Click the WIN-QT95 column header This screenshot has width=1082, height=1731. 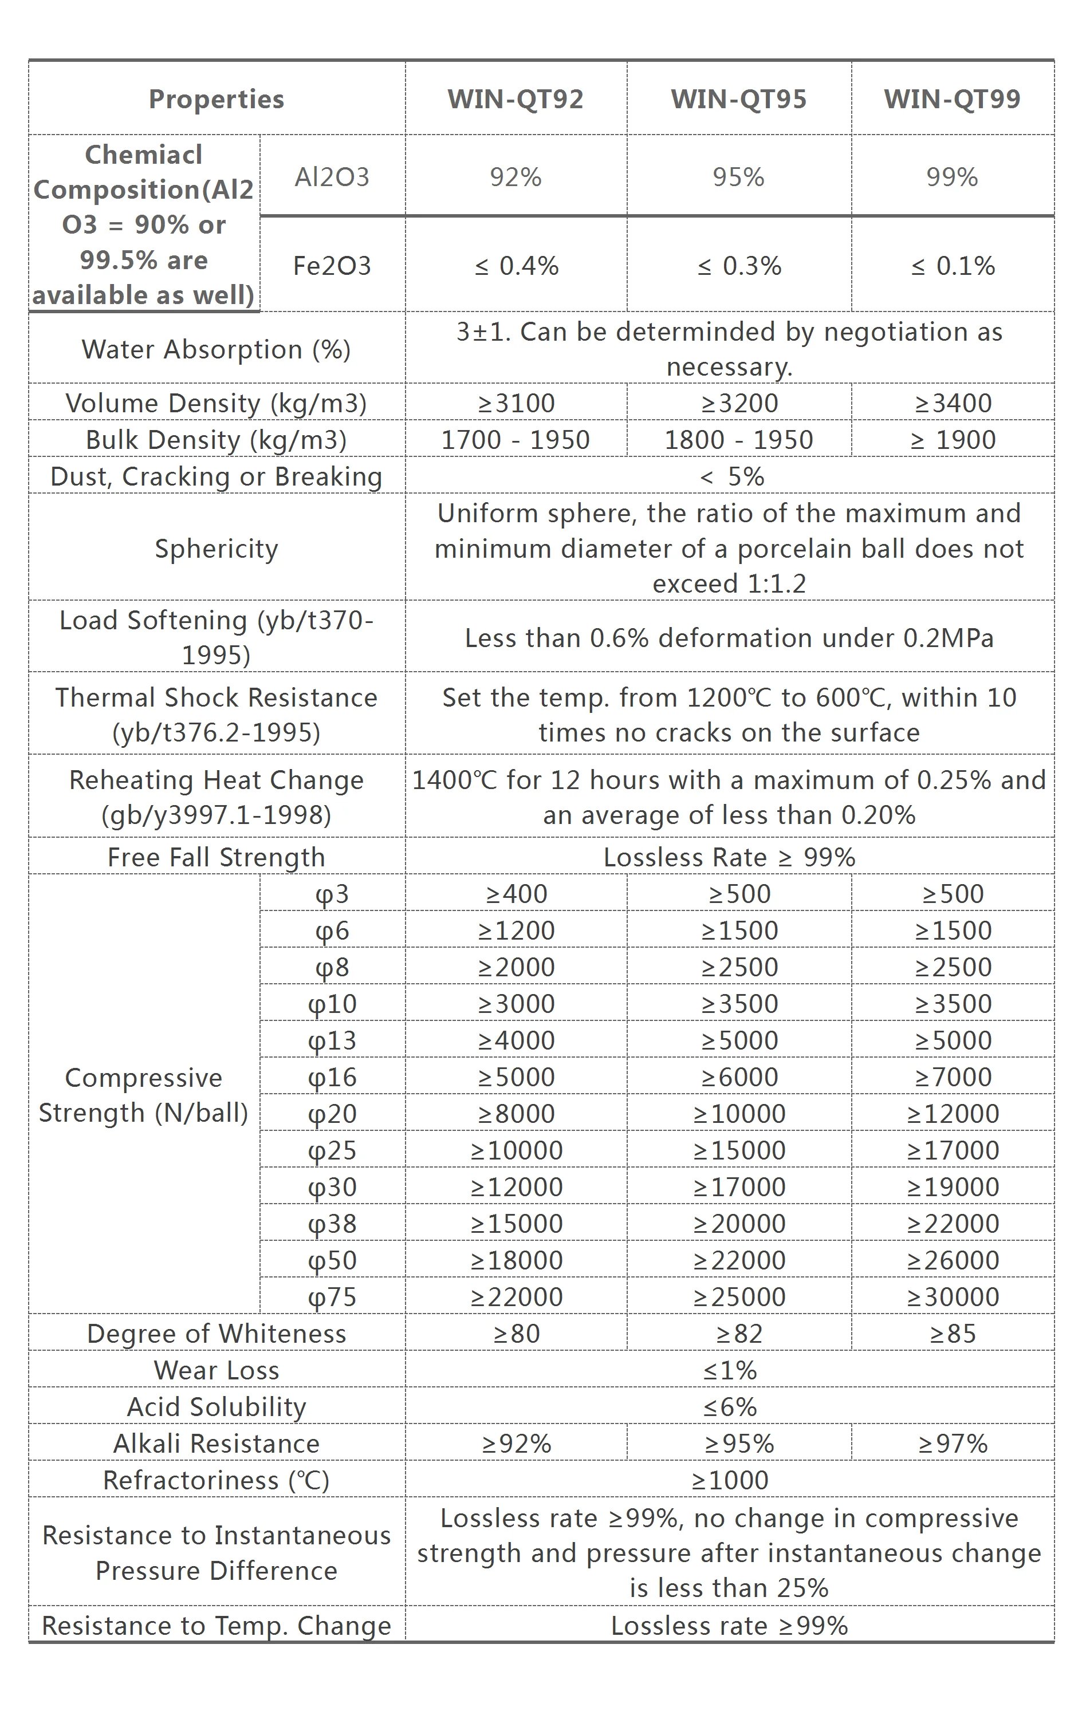[738, 98]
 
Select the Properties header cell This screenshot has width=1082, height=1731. [216, 98]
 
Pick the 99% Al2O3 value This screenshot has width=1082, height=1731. [952, 177]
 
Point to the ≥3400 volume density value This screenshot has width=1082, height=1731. [953, 403]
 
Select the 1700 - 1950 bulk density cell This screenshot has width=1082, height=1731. [516, 439]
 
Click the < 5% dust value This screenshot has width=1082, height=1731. [730, 476]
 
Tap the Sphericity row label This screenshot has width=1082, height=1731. [216, 549]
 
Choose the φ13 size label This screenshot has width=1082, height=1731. [332, 1040]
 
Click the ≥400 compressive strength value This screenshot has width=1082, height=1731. [516, 893]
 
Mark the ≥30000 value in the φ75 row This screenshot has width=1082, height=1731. [953, 1296]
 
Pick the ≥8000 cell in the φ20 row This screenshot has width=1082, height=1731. [516, 1113]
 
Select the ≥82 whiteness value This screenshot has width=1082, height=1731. [738, 1333]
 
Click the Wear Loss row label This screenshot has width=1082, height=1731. [216, 1370]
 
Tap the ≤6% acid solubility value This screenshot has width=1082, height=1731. [730, 1407]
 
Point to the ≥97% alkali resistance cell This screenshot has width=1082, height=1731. [953, 1444]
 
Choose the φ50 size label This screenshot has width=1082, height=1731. [332, 1260]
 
